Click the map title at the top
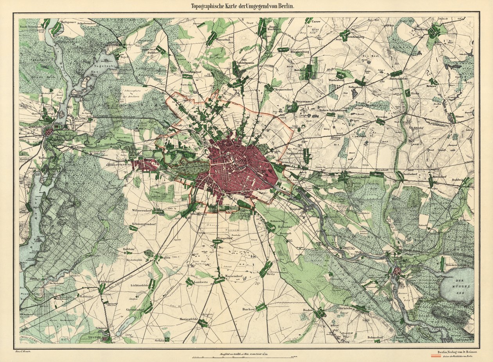pyautogui.click(x=243, y=6)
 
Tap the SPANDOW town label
pyautogui.click(x=32, y=127)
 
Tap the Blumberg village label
pyautogui.click(x=421, y=29)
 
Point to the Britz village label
pyautogui.click(x=270, y=274)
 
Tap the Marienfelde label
pyautogui.click(x=188, y=319)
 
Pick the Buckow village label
pyautogui.click(x=249, y=309)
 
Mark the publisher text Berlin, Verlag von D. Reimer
pyautogui.click(x=458, y=352)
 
